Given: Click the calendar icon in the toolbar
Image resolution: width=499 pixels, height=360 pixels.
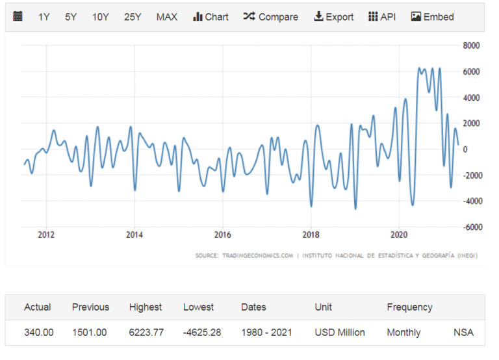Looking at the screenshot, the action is click(x=18, y=16).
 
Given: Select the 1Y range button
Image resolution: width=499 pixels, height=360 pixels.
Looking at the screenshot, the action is click(x=44, y=17).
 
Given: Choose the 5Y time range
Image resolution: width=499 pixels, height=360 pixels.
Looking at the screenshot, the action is click(x=71, y=17).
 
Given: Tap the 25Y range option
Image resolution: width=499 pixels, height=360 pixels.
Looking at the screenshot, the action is click(x=133, y=17).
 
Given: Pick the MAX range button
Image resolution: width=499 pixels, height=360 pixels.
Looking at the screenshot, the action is click(x=167, y=17).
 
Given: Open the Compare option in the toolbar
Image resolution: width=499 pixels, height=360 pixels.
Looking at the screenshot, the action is click(x=270, y=17).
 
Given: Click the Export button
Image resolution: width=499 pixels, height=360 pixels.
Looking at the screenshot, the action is click(x=333, y=17).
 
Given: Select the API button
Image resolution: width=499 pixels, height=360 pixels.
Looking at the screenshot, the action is click(x=382, y=17).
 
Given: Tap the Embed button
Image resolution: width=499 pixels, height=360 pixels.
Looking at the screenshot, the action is click(x=432, y=17).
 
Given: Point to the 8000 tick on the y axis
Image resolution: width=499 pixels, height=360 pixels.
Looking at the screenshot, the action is click(x=471, y=45).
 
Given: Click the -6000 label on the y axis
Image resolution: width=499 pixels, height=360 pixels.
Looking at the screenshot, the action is click(x=472, y=227).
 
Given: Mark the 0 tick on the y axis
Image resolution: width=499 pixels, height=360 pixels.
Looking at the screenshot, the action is click(x=465, y=149).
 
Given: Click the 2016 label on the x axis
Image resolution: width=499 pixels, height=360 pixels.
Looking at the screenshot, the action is click(x=222, y=235).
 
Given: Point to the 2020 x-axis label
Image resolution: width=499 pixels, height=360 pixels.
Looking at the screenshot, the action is click(x=399, y=235).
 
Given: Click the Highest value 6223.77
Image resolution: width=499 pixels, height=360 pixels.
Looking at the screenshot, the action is click(x=146, y=332).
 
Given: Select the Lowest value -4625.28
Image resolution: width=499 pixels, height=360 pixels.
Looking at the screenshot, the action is click(x=202, y=332).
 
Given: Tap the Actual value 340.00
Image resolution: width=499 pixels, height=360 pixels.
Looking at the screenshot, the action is click(x=39, y=332).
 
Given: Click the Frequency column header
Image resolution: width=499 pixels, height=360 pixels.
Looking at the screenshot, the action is click(x=409, y=307).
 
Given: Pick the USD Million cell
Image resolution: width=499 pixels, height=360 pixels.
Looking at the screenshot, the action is click(x=340, y=332).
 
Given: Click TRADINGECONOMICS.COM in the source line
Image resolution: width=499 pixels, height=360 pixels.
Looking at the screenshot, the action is click(x=257, y=255).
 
